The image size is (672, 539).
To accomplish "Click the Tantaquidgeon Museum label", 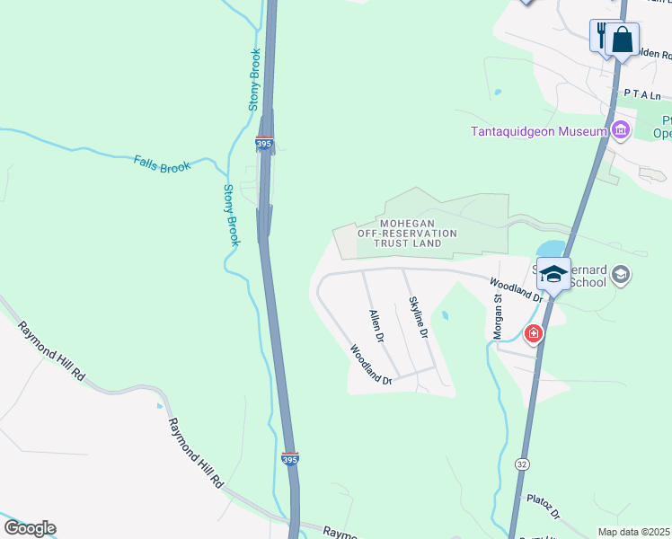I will (540, 131).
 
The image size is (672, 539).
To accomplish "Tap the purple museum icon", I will (620, 131).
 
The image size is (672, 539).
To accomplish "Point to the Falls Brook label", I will (163, 163).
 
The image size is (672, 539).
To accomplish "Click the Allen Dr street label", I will (377, 328).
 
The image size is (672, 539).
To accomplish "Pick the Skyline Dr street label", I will (417, 317).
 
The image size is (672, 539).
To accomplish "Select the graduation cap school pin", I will (553, 274).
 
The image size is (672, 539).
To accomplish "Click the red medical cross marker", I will (534, 334).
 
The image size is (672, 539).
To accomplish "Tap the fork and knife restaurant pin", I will (601, 36).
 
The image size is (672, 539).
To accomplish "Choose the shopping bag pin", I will (622, 40).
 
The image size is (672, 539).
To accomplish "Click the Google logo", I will (30, 528).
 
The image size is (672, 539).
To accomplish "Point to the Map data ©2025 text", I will (634, 532).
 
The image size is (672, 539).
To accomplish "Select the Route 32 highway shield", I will (522, 464).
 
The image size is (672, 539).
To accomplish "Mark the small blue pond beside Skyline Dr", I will (443, 316).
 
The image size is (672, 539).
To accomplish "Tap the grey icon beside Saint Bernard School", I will (621, 274).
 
